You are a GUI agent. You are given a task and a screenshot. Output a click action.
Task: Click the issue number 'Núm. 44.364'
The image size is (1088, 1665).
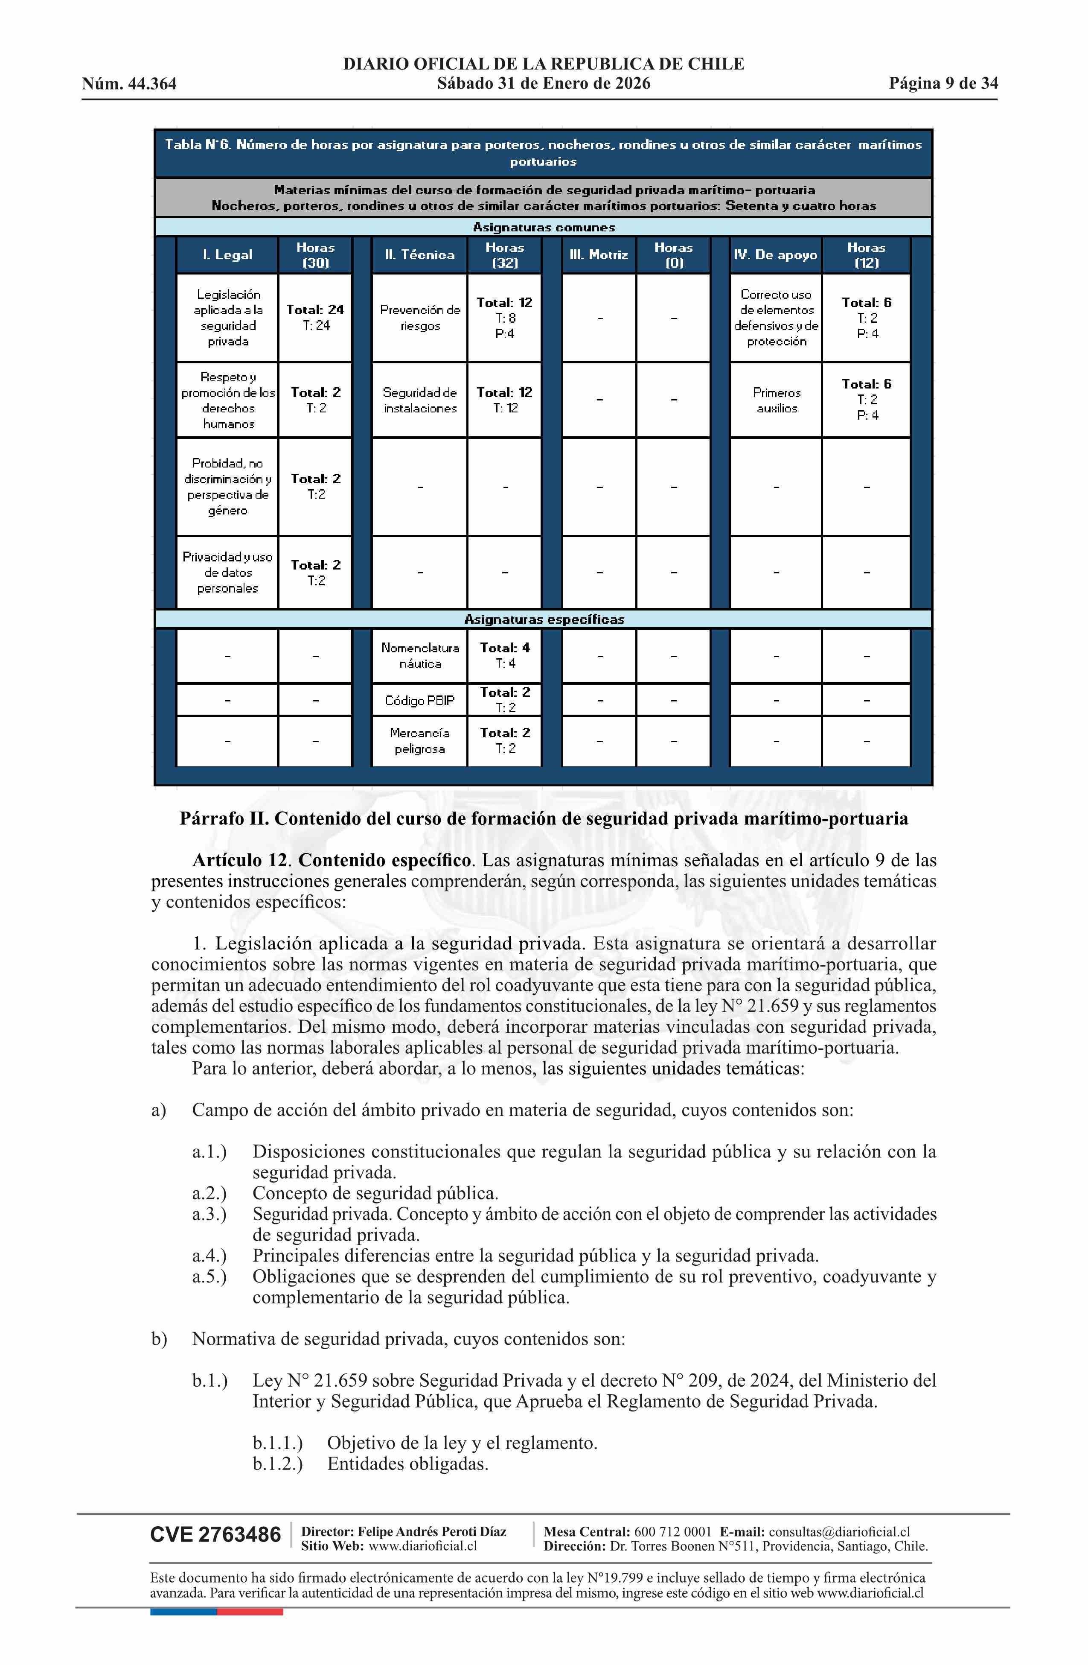click(x=129, y=84)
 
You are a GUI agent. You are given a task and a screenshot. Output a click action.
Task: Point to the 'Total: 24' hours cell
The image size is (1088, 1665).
click(x=315, y=310)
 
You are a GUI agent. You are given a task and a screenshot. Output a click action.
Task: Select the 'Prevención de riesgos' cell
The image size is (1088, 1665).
click(x=419, y=318)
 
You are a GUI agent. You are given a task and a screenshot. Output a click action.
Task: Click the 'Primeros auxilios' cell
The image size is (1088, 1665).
click(x=776, y=400)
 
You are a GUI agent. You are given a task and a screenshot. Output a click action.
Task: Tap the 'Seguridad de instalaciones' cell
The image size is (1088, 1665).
click(x=419, y=400)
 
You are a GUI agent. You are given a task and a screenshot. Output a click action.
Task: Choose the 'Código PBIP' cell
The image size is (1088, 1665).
click(x=419, y=700)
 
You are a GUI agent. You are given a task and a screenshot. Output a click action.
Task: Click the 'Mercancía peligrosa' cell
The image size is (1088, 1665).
click(x=419, y=741)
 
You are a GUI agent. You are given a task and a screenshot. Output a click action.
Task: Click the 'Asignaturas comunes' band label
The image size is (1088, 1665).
click(x=544, y=228)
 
